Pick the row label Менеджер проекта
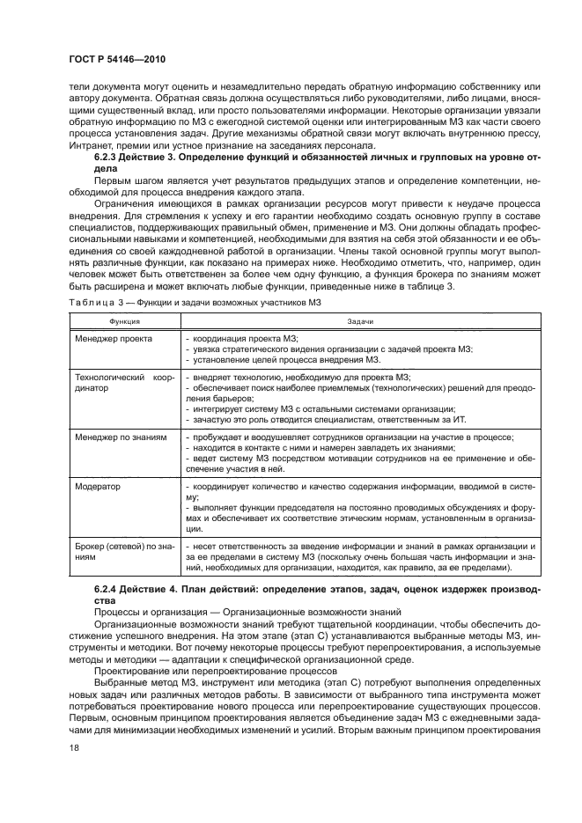pos(114,338)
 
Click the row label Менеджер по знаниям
pos(120,437)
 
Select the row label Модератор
pos(98,485)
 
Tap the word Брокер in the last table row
pos(90,546)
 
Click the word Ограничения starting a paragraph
pos(123,202)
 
